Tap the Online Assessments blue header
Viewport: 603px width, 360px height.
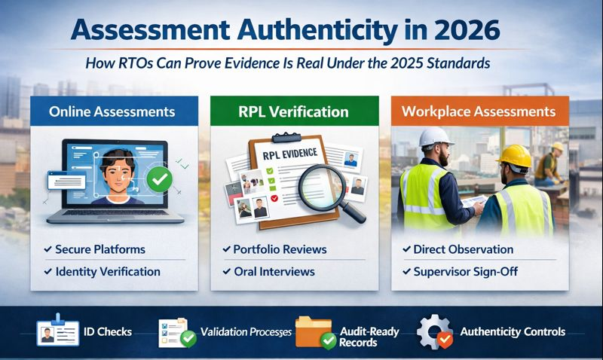click(x=112, y=111)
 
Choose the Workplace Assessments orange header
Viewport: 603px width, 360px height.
click(x=490, y=111)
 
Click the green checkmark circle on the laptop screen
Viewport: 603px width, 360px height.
click(x=159, y=178)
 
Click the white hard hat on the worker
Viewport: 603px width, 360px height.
click(x=435, y=137)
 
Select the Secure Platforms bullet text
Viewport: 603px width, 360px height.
click(x=100, y=249)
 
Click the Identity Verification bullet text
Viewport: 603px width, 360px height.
click(x=108, y=271)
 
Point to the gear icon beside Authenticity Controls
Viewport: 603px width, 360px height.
click(x=433, y=332)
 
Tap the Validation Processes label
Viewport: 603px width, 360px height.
click(x=245, y=332)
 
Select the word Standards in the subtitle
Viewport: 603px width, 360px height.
click(x=456, y=64)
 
